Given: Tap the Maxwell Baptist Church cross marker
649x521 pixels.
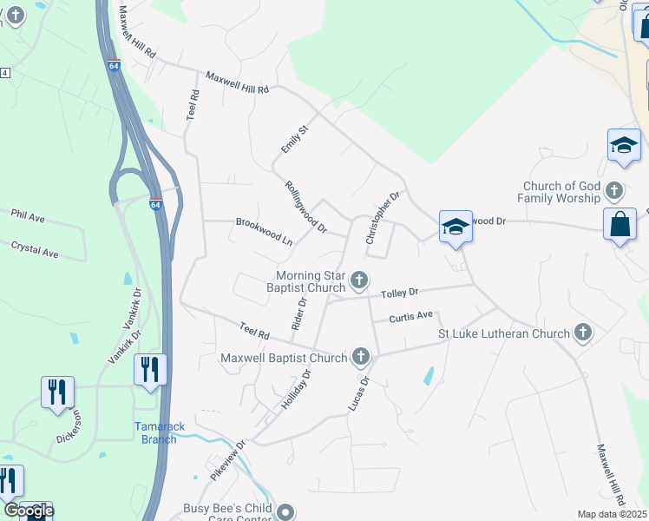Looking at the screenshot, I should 360,357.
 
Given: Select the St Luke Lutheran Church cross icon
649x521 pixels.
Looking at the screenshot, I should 583,333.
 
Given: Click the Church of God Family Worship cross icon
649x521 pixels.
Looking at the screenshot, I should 613,189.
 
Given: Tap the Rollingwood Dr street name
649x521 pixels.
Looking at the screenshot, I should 305,207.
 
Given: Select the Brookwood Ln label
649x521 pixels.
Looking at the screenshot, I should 264,228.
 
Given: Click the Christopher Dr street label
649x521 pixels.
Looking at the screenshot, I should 383,218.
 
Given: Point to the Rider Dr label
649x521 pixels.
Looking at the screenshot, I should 299,314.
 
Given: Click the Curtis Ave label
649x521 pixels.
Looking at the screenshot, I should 410,317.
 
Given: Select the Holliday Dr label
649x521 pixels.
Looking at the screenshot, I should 296,390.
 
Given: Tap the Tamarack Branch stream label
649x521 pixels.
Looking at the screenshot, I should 155,432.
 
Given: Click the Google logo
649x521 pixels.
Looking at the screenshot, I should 29,511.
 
